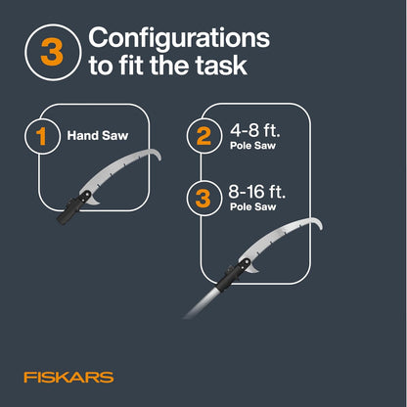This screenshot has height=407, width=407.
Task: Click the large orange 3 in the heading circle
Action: coord(52,52)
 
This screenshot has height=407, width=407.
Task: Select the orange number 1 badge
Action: coord(42,136)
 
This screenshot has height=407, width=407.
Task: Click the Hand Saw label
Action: coord(98,136)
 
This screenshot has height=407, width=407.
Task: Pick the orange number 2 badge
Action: coord(203,136)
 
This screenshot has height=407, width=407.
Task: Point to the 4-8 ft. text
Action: coord(255,130)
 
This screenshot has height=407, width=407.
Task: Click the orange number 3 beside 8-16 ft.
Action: coord(203,199)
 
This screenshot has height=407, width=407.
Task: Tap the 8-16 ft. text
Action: coord(256,191)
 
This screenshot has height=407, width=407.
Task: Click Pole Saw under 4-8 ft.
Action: coord(252,146)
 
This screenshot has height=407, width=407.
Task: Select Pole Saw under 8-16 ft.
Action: coord(252,206)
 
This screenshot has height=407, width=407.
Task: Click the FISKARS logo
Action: coord(68,378)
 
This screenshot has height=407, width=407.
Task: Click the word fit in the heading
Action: coord(131,66)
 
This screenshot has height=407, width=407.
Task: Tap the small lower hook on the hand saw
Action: coord(95,201)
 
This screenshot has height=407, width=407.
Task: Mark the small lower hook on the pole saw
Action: coord(254,269)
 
